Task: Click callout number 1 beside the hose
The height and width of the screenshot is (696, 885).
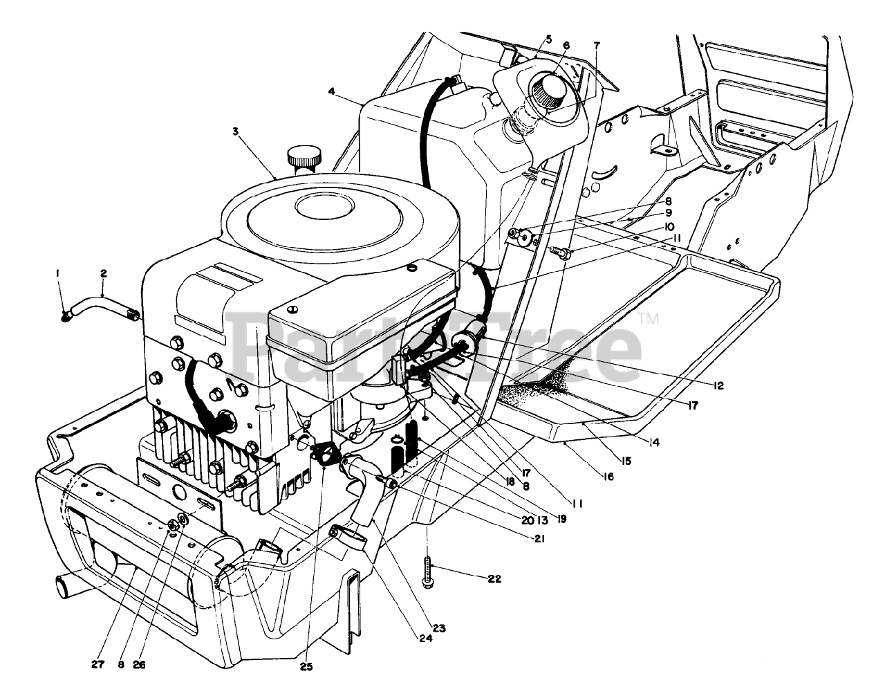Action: point(58,273)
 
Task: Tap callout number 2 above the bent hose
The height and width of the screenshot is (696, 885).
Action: point(103,273)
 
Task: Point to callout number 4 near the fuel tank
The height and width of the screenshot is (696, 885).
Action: point(332,91)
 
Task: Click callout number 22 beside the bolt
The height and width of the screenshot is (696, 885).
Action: point(512,578)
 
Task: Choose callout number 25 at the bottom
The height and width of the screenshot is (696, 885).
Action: point(306,667)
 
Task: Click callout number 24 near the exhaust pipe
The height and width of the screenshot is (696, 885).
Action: point(425,639)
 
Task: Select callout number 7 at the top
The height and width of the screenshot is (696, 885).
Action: point(597,46)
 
